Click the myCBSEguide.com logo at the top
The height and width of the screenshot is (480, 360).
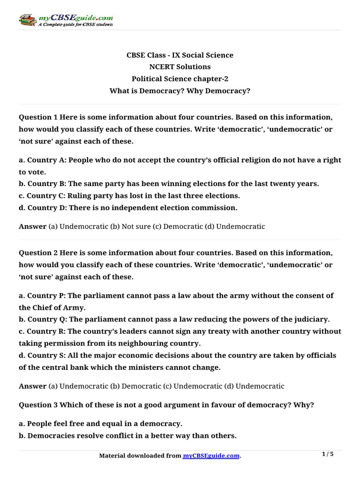click(x=66, y=20)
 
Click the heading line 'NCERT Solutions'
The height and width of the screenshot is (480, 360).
click(x=180, y=67)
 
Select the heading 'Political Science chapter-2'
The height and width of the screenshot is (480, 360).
click(x=180, y=78)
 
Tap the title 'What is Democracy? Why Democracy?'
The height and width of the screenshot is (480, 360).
click(x=180, y=90)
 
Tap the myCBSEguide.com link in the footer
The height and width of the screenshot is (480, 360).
click(x=211, y=456)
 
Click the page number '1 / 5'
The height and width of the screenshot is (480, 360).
click(x=330, y=454)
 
